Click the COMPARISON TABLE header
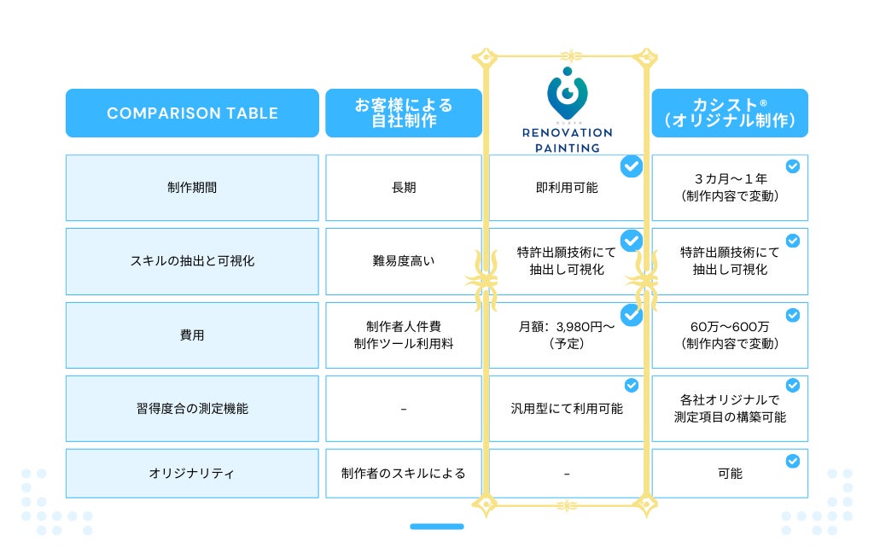[192, 114]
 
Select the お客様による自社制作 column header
[404, 114]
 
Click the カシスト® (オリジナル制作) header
[730, 114]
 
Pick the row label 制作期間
[192, 188]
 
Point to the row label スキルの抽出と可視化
[192, 261]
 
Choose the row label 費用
[192, 335]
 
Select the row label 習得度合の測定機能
[192, 409]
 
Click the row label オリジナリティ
[192, 473]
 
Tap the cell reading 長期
[404, 188]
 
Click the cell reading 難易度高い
[404, 261]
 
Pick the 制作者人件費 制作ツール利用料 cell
[404, 335]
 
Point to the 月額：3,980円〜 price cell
[567, 335]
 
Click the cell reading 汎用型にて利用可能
[567, 409]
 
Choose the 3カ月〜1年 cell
[730, 188]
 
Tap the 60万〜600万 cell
[730, 335]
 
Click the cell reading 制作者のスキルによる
[404, 473]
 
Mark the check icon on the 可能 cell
[793, 461]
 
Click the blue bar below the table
[437, 527]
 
